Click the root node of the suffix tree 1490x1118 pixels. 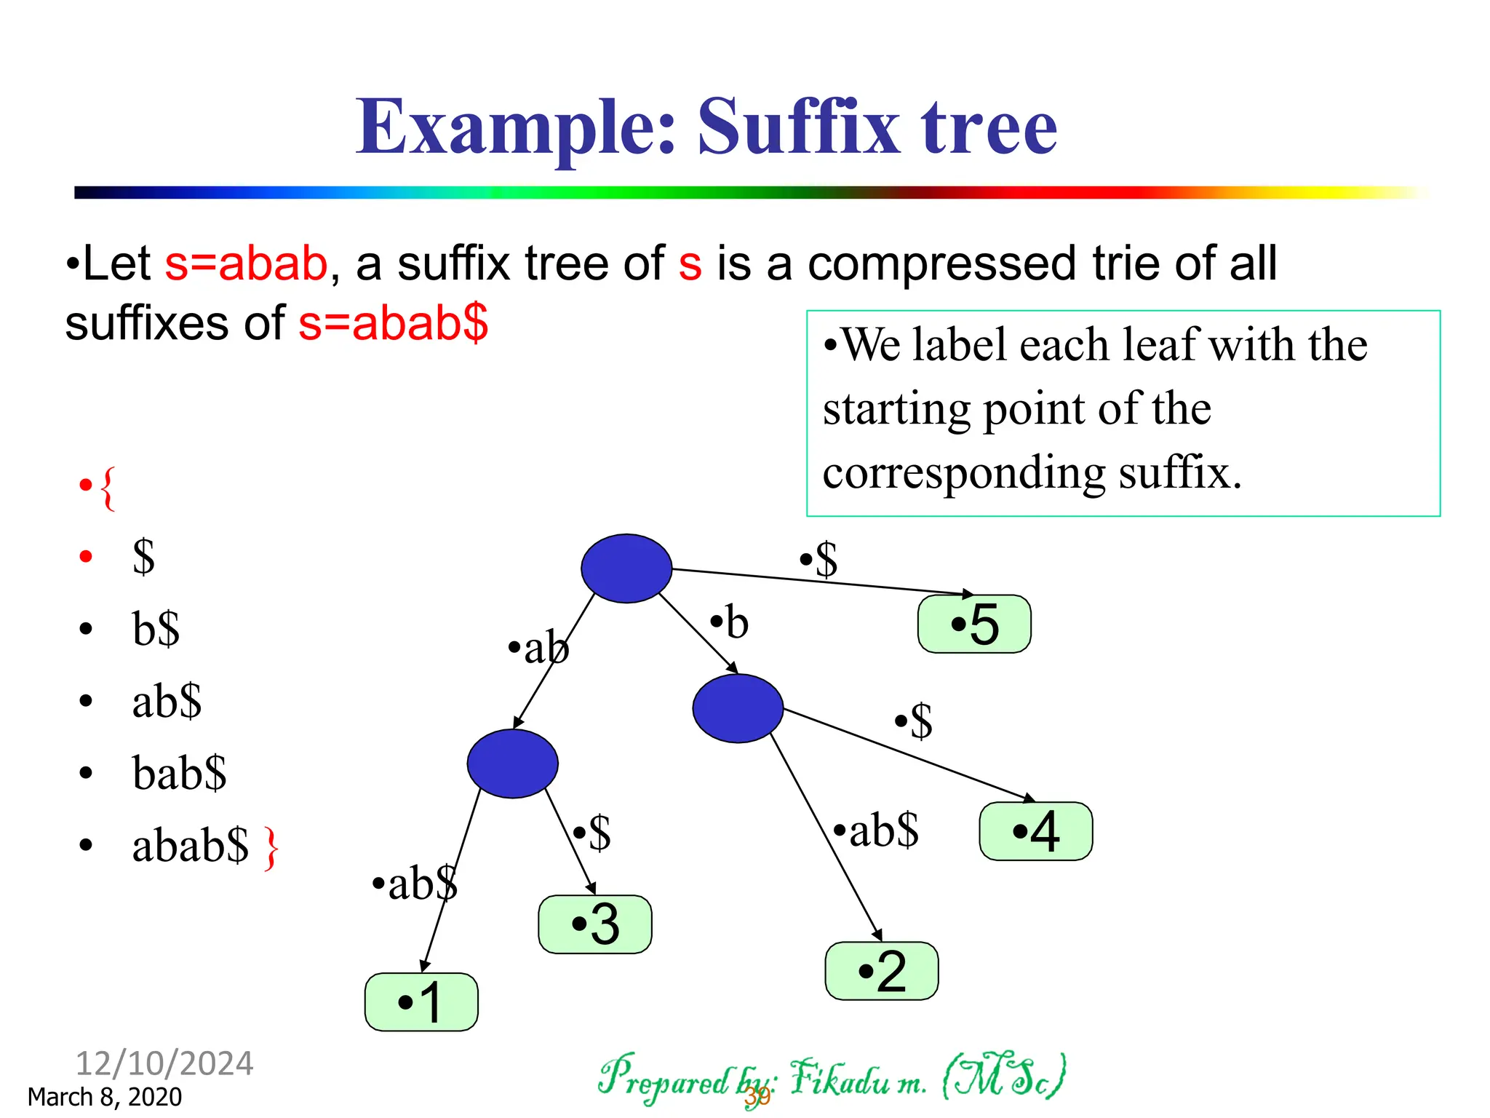[626, 568]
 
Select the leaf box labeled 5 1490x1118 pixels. [974, 624]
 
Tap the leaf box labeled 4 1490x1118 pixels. [1035, 831]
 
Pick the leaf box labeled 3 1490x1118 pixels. [594, 924]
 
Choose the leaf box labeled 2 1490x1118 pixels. [881, 971]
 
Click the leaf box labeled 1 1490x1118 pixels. [421, 1002]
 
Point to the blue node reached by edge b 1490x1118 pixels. [738, 708]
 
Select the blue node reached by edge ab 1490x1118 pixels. [512, 764]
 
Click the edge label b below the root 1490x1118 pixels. [730, 623]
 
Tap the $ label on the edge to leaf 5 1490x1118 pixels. [820, 560]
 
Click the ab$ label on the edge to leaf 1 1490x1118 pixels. [415, 884]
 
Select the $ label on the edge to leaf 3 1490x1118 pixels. [593, 832]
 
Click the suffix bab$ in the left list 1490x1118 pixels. [179, 773]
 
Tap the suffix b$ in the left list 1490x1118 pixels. [156, 628]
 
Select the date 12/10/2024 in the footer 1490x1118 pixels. [164, 1063]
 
